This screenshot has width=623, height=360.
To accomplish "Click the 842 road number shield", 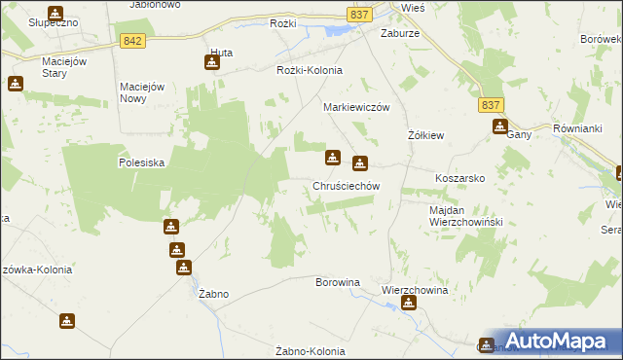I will coord(134,40).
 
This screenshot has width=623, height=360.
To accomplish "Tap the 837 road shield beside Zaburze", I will coord(357,14).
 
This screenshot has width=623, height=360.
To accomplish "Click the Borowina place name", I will coord(338,282).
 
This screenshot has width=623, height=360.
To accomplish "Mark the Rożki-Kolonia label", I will coord(310,70).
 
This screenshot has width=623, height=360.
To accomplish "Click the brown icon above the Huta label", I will coord(212,63).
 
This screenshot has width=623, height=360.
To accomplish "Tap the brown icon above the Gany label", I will coord(500,126).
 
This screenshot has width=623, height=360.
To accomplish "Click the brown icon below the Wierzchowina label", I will coord(408,304).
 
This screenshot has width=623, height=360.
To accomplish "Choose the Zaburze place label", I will coord(399,31).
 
